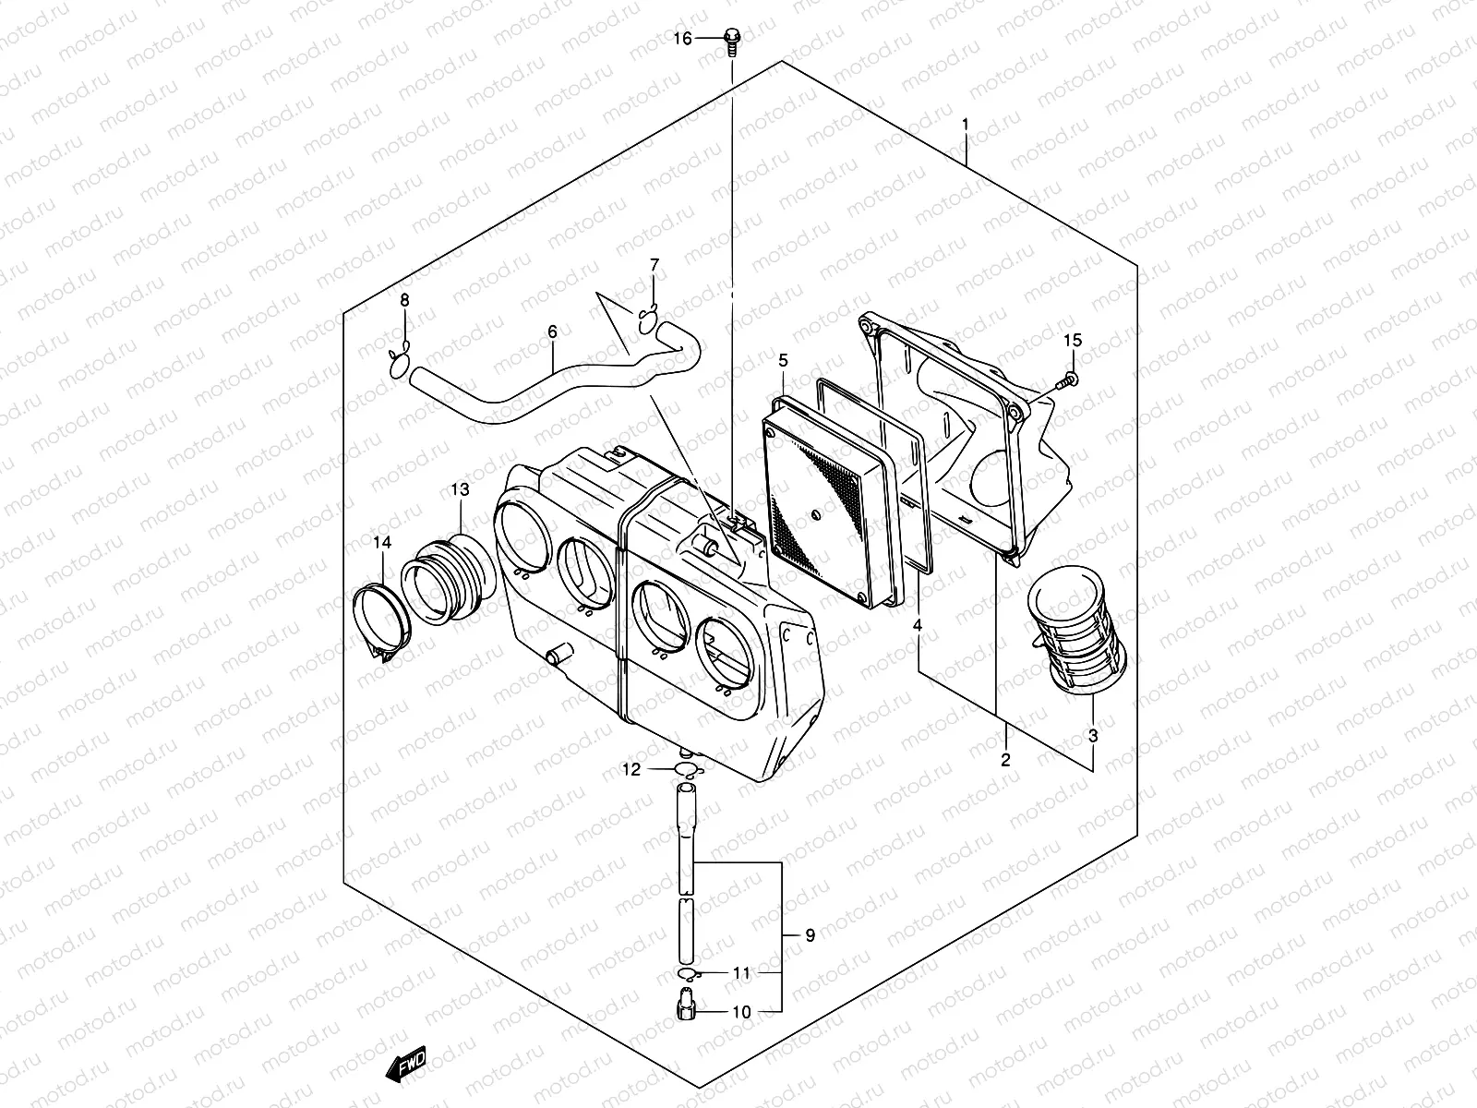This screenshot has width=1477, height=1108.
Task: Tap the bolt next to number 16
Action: click(x=732, y=40)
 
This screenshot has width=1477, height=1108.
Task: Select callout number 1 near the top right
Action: click(x=966, y=123)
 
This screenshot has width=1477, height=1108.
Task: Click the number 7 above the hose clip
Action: click(x=654, y=266)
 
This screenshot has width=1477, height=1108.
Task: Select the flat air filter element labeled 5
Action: click(x=831, y=499)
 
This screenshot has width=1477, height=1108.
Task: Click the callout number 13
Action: click(x=460, y=488)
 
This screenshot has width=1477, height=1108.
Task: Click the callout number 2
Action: click(x=1005, y=760)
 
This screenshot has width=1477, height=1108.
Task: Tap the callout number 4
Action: click(x=918, y=626)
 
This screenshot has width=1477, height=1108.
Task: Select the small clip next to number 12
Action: click(x=685, y=770)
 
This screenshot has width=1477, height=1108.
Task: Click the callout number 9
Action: click(x=810, y=936)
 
